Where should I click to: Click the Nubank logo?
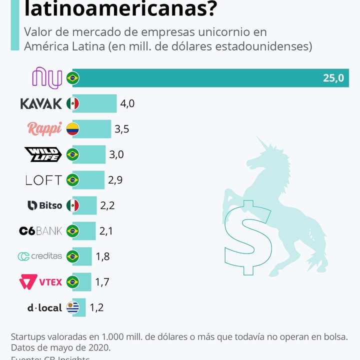[x=47, y=78]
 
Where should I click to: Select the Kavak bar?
[x=97, y=103]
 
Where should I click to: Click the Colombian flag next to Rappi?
[x=72, y=129]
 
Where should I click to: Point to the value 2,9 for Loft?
[x=115, y=180]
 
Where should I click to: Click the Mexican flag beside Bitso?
[x=72, y=205]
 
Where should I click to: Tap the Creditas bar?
[x=85, y=256]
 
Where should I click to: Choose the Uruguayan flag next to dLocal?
[x=72, y=307]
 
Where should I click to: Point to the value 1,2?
[x=97, y=307]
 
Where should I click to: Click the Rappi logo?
[x=44, y=129]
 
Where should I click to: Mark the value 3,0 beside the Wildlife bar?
[x=116, y=154]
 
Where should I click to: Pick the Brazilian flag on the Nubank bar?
[x=72, y=78]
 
